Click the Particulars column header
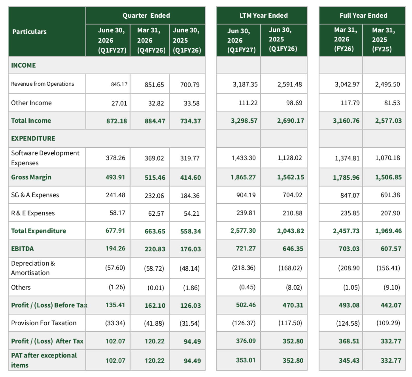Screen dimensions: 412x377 pos(29,32)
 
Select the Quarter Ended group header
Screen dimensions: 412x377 pos(146,15)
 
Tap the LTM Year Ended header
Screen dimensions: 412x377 pos(263,15)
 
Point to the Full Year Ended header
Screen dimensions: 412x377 pos(363,15)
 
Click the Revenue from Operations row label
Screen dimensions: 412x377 pos(42,84)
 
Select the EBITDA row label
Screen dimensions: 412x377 pos(22,249)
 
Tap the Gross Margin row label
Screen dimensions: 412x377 pos(31,177)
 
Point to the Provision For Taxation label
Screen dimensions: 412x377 pos(44,323)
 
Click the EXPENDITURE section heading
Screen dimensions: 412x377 pos(33,138)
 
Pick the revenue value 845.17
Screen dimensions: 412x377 pos(119,84)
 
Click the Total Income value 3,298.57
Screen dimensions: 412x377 pos(244,121)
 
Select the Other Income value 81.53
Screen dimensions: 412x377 pos(392,103)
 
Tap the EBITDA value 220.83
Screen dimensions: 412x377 pos(155,249)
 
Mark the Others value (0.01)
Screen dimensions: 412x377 pos(156,288)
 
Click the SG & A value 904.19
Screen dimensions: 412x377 pos(246,195)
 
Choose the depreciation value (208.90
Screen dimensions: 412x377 pos(349,268)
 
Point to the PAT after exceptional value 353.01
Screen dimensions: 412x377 pos(246,360)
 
